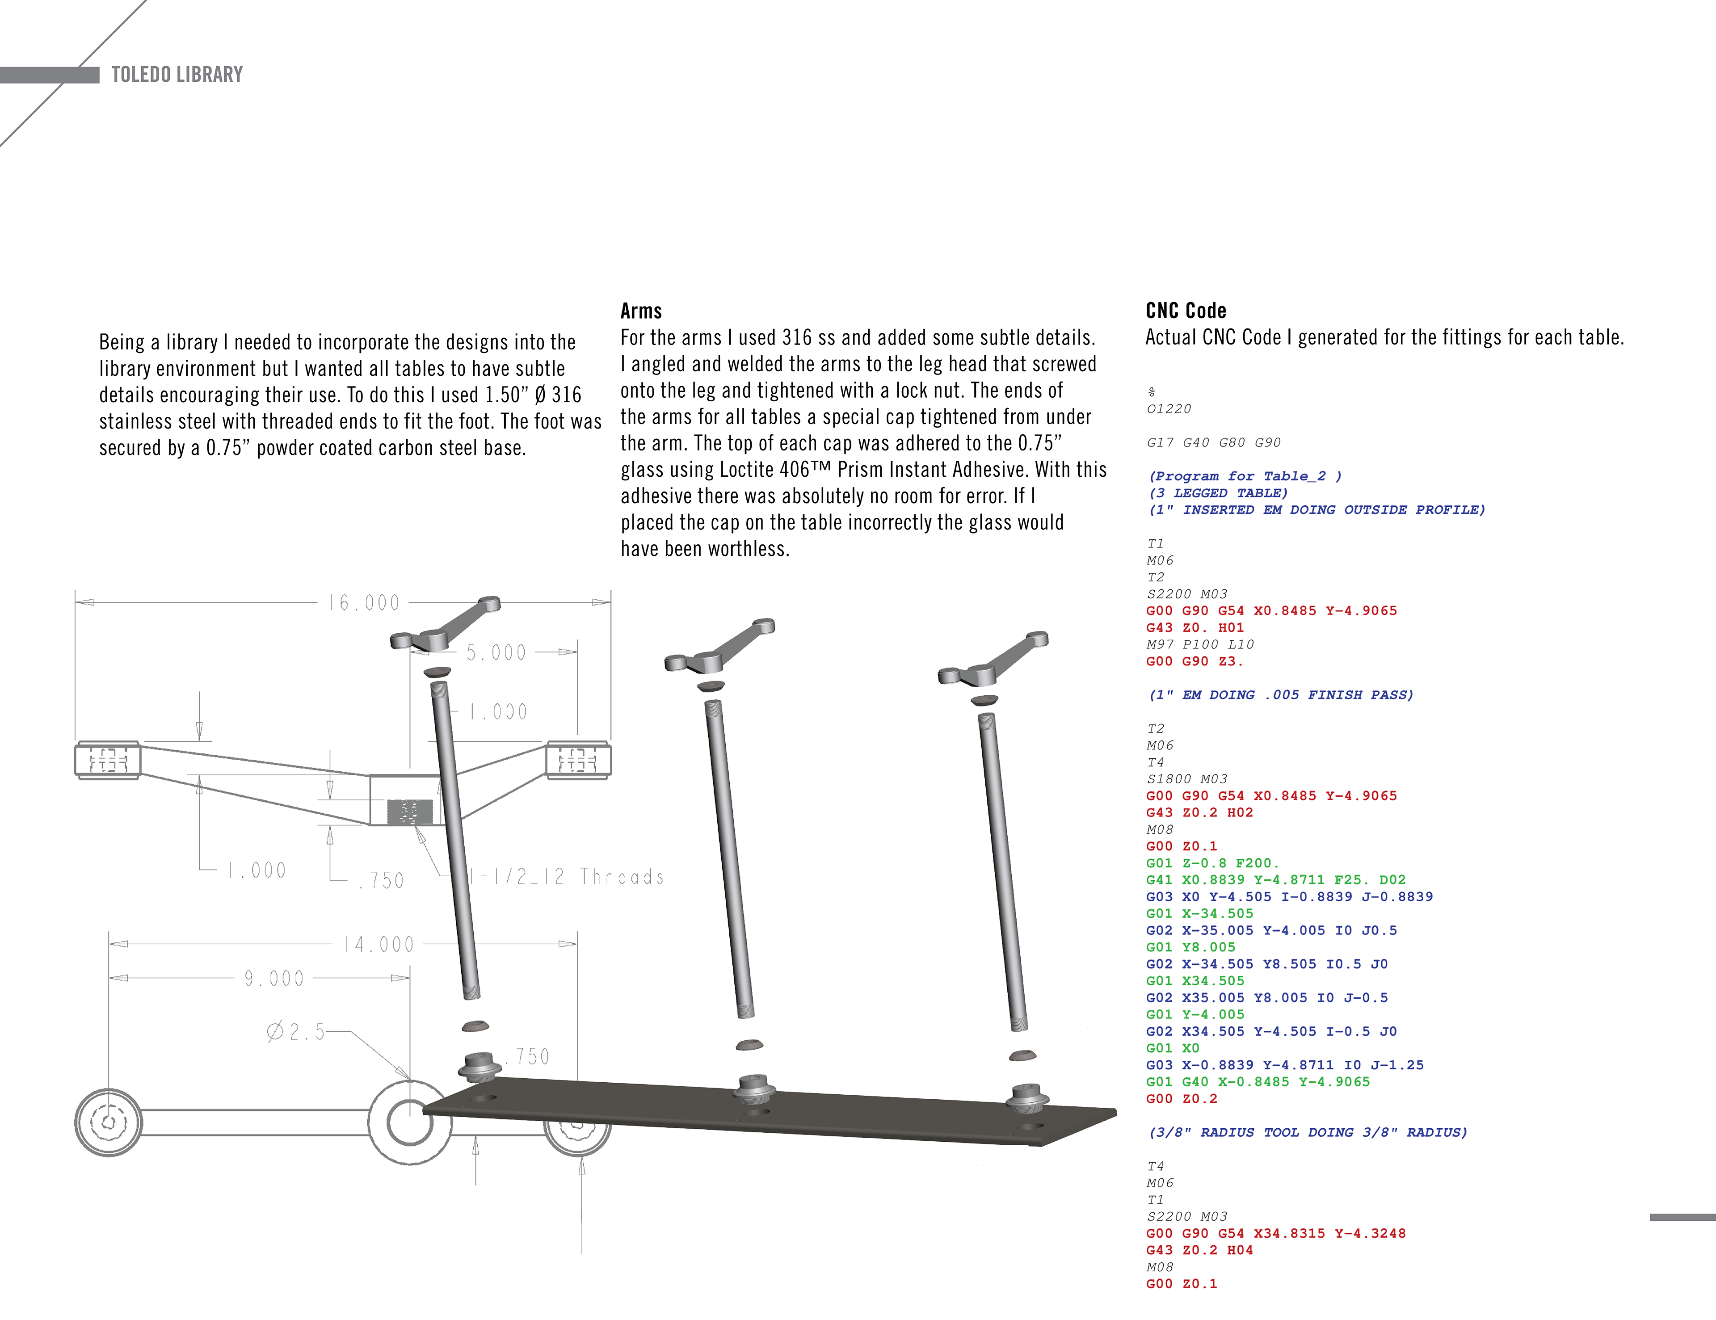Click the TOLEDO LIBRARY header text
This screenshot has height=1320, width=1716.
177,75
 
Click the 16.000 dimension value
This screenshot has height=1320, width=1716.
364,603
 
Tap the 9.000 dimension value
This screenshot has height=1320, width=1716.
273,978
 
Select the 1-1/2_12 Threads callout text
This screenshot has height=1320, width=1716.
566,877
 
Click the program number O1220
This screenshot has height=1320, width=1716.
1169,408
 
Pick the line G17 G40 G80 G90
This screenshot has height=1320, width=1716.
1213,442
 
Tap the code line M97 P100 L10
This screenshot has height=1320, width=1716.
1200,644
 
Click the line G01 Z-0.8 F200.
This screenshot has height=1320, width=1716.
1212,863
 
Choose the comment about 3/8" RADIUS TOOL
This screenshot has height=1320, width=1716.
1308,1132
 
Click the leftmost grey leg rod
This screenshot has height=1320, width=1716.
456,841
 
